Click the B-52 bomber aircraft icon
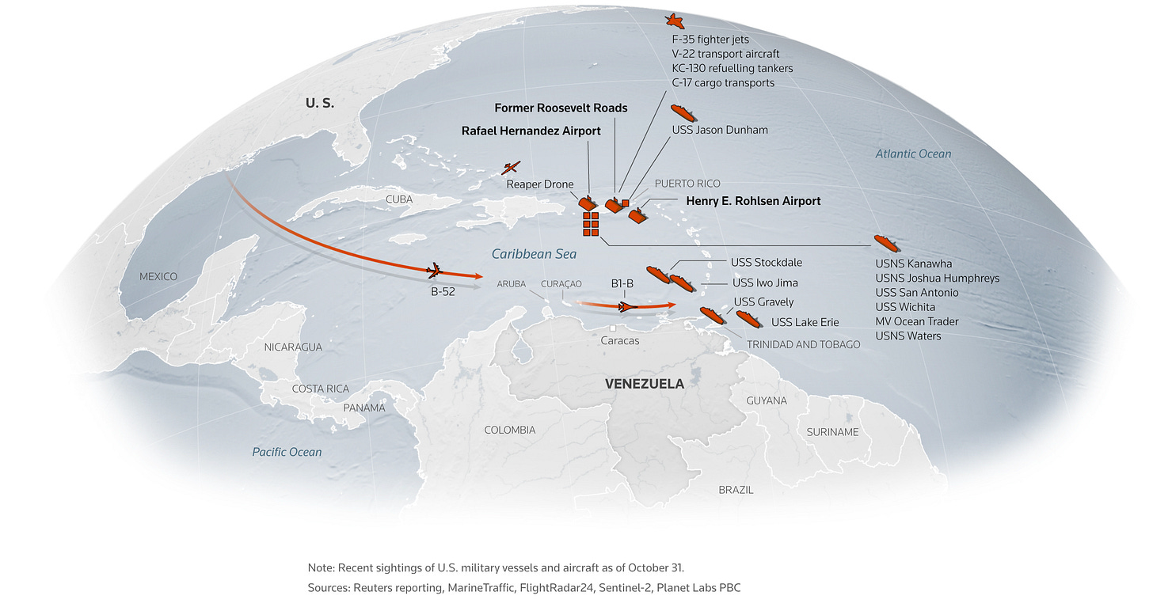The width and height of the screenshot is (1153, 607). [x=433, y=271]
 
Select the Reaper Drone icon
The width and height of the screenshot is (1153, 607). [x=512, y=168]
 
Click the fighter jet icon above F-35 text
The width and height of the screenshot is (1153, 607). [x=674, y=21]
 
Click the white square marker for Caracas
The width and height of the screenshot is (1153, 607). [x=613, y=328]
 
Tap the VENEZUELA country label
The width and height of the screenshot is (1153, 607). [x=644, y=384]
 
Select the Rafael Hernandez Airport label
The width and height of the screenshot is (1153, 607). [x=531, y=131]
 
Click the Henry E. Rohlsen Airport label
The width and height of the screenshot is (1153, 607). [x=753, y=201]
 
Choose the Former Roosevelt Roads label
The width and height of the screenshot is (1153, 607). [x=561, y=108]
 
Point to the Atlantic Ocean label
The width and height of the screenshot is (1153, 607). [x=913, y=154]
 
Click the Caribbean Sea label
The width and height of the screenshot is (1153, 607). [x=534, y=254]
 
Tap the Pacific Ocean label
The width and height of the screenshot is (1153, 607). [x=287, y=452]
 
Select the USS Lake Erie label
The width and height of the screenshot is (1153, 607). [x=805, y=322]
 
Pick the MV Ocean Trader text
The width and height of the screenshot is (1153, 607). [x=917, y=321]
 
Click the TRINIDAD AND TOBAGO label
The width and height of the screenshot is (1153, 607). [x=803, y=344]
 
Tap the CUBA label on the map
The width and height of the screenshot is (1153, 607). [x=399, y=199]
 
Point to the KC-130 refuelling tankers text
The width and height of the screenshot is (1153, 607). [x=732, y=68]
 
